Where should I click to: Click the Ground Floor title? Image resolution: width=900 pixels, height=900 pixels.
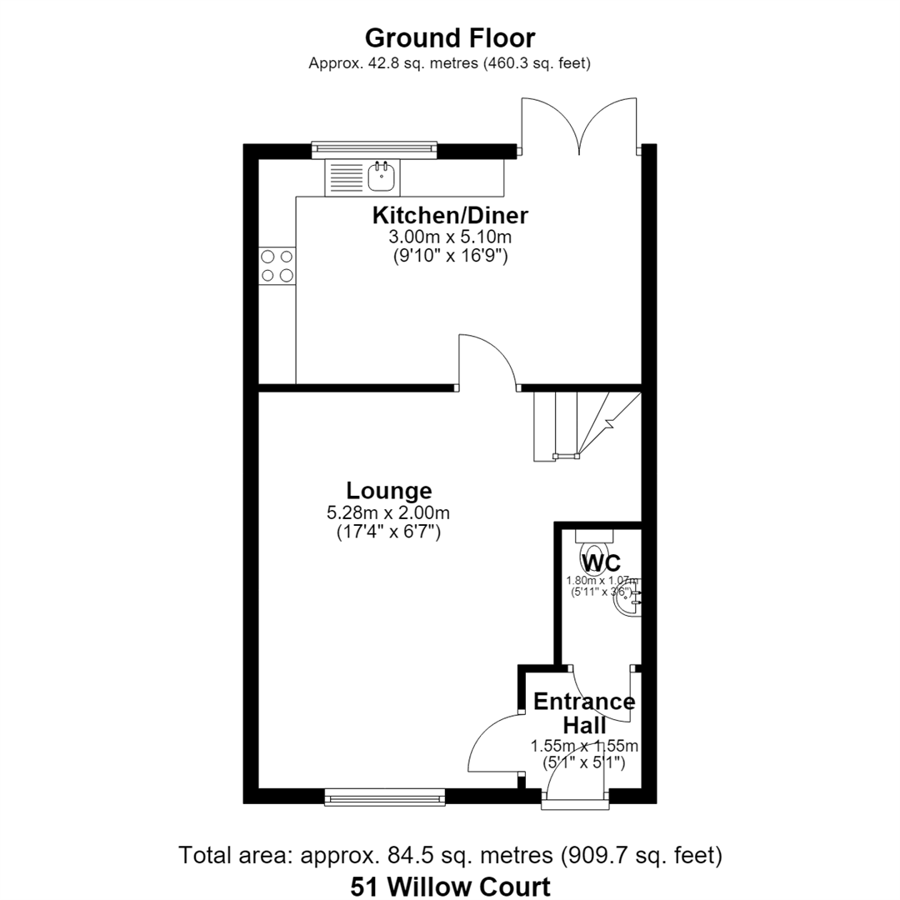pyautogui.click(x=450, y=38)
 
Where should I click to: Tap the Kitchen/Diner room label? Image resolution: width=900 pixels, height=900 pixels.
pyautogui.click(x=450, y=215)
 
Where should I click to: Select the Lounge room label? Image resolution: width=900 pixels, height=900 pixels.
pyautogui.click(x=388, y=491)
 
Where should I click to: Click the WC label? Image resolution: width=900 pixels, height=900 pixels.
pyautogui.click(x=601, y=563)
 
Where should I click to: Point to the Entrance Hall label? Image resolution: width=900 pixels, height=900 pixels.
pyautogui.click(x=584, y=713)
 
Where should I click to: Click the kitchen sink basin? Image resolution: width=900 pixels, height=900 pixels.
pyautogui.click(x=381, y=177)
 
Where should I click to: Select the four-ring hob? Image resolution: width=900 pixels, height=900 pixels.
pyautogui.click(x=277, y=266)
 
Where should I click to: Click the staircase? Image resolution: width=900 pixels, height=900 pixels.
pyautogui.click(x=587, y=426)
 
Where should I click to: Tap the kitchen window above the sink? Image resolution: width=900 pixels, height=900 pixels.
pyautogui.click(x=374, y=150)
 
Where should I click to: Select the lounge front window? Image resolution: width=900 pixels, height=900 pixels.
pyautogui.click(x=385, y=796)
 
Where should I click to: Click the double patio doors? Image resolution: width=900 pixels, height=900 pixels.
pyautogui.click(x=579, y=127)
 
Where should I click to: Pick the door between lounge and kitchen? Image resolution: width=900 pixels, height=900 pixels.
pyautogui.click(x=487, y=362)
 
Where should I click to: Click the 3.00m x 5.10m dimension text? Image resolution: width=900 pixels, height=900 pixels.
pyautogui.click(x=450, y=237)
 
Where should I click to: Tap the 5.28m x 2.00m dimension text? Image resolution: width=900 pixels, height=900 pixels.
pyautogui.click(x=388, y=512)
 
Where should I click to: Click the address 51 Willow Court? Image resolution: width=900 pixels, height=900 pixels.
pyautogui.click(x=451, y=887)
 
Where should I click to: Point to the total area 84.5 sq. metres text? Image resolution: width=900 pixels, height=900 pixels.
pyautogui.click(x=451, y=855)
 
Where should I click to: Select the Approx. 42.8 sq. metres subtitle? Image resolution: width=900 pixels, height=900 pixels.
pyautogui.click(x=449, y=63)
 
